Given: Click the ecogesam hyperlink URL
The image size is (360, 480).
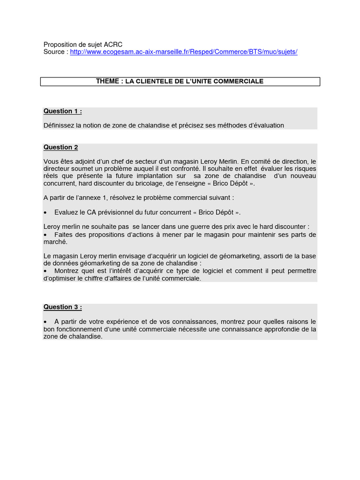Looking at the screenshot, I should (184, 52).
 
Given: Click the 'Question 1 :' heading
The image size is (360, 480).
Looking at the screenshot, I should (63, 111).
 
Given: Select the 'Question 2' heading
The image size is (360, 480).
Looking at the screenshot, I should (61, 147).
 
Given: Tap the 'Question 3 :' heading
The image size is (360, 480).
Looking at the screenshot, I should (63, 307).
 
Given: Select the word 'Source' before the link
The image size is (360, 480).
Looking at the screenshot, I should (54, 52).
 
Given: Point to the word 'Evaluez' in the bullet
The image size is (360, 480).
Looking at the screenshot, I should (66, 212).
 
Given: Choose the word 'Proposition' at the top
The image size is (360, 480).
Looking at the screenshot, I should (60, 44).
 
